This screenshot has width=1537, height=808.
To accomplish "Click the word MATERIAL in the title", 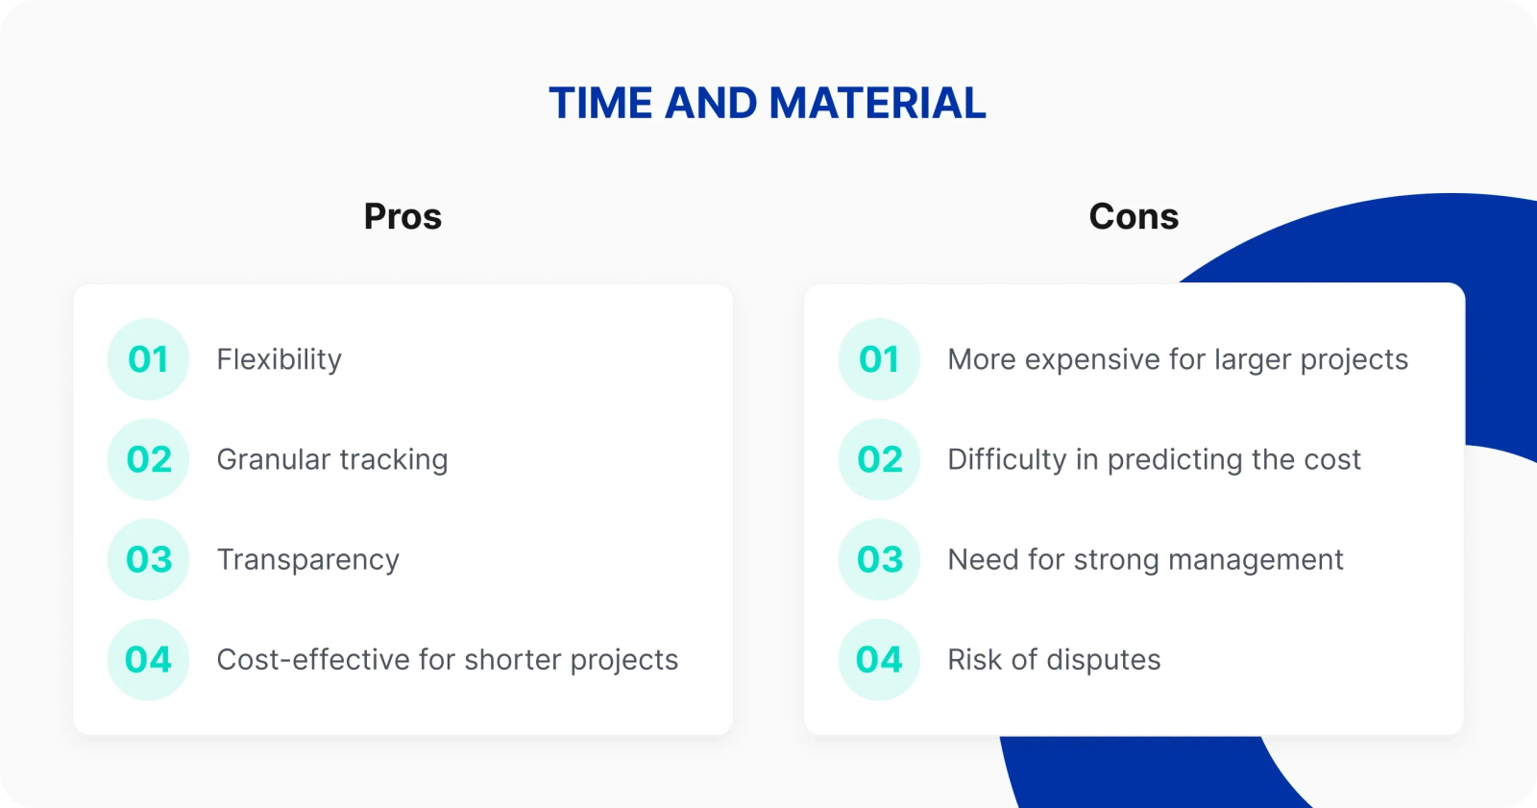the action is [877, 103].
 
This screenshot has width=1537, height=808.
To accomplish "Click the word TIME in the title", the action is [600, 103].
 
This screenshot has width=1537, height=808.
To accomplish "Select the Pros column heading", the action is [403, 216].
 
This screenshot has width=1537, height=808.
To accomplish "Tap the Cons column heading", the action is [1134, 216].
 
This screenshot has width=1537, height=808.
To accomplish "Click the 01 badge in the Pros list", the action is [148, 359].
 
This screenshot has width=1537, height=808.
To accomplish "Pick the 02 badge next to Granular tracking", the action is [148, 459].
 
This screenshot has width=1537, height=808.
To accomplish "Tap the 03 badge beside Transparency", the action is [148, 559].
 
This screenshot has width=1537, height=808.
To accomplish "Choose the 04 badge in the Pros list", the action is [148, 660].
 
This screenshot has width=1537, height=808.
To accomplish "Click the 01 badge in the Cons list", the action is [879, 359].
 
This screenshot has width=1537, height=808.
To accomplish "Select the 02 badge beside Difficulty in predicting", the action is [879, 459].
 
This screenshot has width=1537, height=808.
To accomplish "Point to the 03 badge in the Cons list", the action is [879, 559].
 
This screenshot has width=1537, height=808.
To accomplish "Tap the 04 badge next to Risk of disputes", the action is [879, 660].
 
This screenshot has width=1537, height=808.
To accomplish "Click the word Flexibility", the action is [280, 360].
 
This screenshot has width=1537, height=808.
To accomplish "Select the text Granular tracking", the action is [332, 460].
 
